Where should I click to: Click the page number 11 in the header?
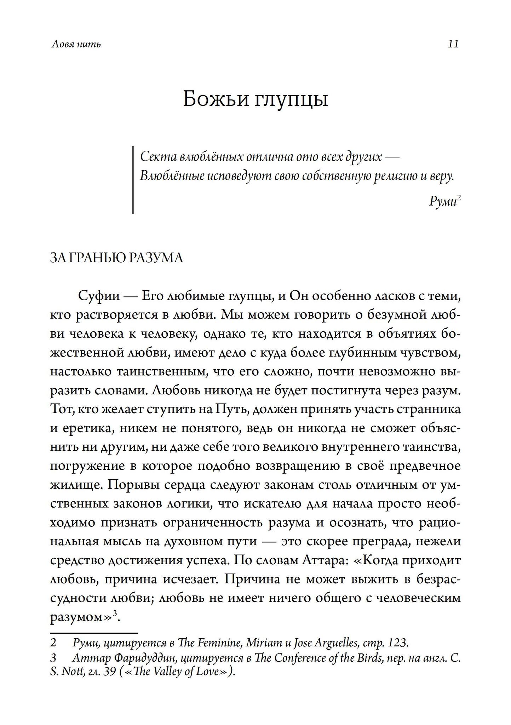[x=453, y=44]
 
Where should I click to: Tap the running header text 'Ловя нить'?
[x=76, y=44]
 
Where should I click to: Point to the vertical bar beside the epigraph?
[x=133, y=180]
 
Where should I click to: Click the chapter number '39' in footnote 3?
[x=109, y=672]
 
